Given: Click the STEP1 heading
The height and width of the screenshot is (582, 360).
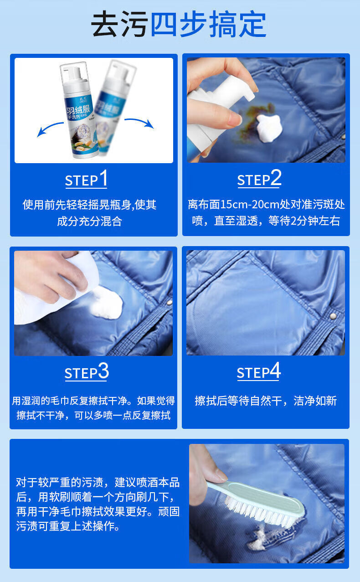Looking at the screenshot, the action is click(x=86, y=179).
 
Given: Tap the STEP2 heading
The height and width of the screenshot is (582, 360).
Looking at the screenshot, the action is click(x=259, y=178).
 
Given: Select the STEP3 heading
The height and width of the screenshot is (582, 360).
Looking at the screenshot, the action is click(x=87, y=371).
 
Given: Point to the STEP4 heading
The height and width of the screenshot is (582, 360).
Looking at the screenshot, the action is click(x=259, y=371).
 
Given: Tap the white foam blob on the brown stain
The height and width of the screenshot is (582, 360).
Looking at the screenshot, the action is click(x=269, y=128).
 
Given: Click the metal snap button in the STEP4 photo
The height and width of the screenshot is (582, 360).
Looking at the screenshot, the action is click(x=333, y=316).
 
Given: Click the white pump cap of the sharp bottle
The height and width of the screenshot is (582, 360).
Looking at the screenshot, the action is click(x=74, y=75).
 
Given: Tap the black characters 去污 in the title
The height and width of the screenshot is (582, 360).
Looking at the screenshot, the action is click(x=120, y=24).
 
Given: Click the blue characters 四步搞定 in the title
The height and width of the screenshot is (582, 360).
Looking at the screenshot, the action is click(x=208, y=24).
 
